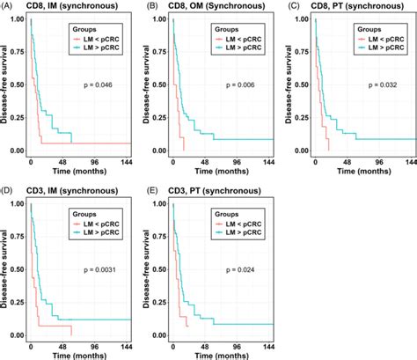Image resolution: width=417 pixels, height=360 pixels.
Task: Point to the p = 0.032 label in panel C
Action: [x=379, y=86]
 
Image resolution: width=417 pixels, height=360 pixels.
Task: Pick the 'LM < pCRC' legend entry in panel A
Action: [x=99, y=40]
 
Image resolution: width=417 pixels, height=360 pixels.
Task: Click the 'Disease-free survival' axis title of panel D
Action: [x=6, y=269]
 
